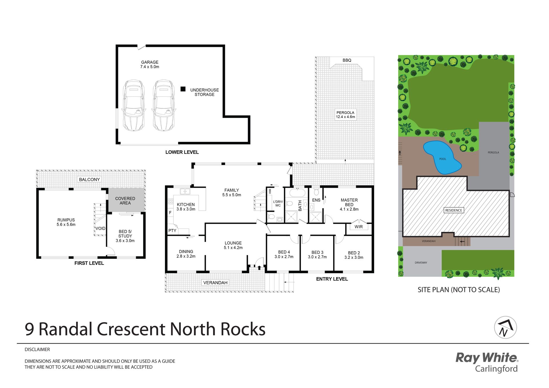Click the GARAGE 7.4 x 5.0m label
(150, 64)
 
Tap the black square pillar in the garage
(183, 89)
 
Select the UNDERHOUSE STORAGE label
(204, 92)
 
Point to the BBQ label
(347, 60)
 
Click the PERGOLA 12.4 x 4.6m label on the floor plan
(345, 115)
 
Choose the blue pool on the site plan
(442, 157)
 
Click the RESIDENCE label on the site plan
(453, 210)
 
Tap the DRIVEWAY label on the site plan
(421, 262)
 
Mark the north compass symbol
(505, 327)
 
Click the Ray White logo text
(487, 358)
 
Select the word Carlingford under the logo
(496, 369)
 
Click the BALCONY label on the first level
(89, 179)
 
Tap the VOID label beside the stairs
(100, 228)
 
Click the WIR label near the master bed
(359, 227)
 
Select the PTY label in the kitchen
(172, 230)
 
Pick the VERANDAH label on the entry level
(215, 282)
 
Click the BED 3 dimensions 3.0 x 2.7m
(317, 257)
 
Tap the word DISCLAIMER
(37, 349)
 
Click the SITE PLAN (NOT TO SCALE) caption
(459, 290)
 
